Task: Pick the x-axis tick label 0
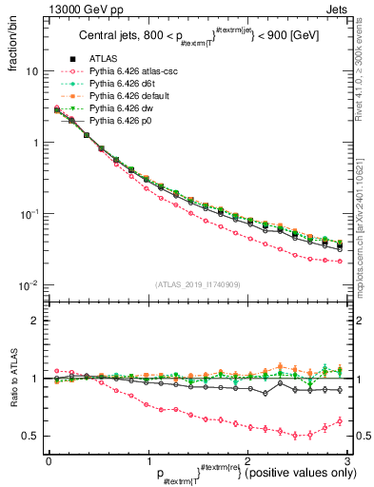pos(48,459)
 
